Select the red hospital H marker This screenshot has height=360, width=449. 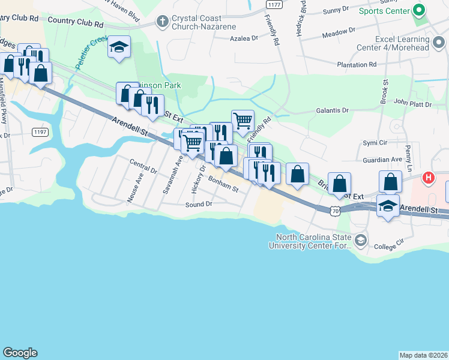point(428,178)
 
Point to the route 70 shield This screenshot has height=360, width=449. point(335,211)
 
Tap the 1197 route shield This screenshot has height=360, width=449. point(40,131)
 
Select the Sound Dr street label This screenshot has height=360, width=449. point(199,205)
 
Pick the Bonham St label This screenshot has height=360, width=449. point(223,184)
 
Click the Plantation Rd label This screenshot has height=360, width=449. point(356,64)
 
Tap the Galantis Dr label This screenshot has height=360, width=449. point(332,110)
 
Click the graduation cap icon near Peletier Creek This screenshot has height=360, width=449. point(119,47)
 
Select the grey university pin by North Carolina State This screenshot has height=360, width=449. point(360,241)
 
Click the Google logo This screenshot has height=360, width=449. point(20,353)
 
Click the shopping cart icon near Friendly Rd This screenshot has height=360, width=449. point(243,120)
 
